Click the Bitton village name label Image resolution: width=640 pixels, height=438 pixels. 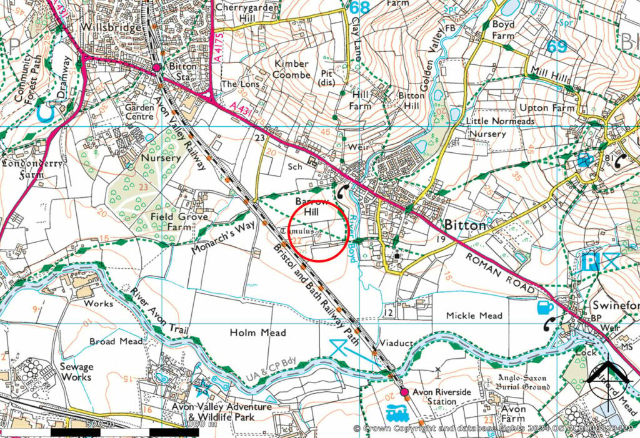[465, 226]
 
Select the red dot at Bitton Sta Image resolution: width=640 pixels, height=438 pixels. [157, 67]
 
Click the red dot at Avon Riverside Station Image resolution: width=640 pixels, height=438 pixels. [404, 392]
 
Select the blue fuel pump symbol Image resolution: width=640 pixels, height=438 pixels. [544, 308]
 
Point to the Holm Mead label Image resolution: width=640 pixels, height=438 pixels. [257, 333]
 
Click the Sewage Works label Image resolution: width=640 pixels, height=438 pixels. [76, 372]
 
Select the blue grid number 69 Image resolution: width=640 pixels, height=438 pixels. [557, 47]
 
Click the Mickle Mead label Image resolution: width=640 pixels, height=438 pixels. [474, 316]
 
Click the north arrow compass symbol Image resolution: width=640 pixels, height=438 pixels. [609, 377]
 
